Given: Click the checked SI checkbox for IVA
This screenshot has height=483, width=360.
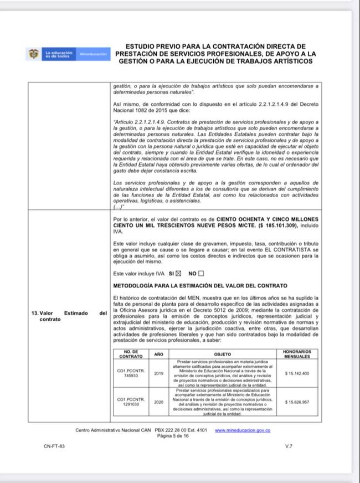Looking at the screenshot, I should [x=178, y=274].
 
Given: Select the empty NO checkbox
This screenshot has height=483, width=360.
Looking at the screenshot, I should [x=201, y=274].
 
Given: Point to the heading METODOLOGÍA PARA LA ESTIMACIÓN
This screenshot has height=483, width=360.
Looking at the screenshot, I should [x=200, y=286].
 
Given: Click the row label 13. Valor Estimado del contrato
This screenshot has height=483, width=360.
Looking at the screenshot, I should [x=69, y=316].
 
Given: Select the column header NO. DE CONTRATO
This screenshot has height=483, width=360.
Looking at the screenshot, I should [x=131, y=354].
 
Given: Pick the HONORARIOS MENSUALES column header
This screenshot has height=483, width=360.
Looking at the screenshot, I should [x=297, y=354].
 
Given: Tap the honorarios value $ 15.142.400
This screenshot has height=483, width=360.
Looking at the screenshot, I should [x=297, y=373].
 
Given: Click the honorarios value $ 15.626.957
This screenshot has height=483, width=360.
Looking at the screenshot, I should [x=297, y=402].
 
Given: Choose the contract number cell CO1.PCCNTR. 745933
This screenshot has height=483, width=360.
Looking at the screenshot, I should [x=131, y=373].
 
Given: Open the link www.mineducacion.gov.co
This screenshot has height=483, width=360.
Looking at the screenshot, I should [x=243, y=430].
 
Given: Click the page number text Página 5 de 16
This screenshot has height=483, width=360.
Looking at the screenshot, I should [x=173, y=436].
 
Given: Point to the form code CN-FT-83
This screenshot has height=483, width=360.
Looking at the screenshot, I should [x=54, y=446].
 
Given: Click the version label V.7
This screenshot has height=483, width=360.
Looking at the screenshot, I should [x=289, y=446].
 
